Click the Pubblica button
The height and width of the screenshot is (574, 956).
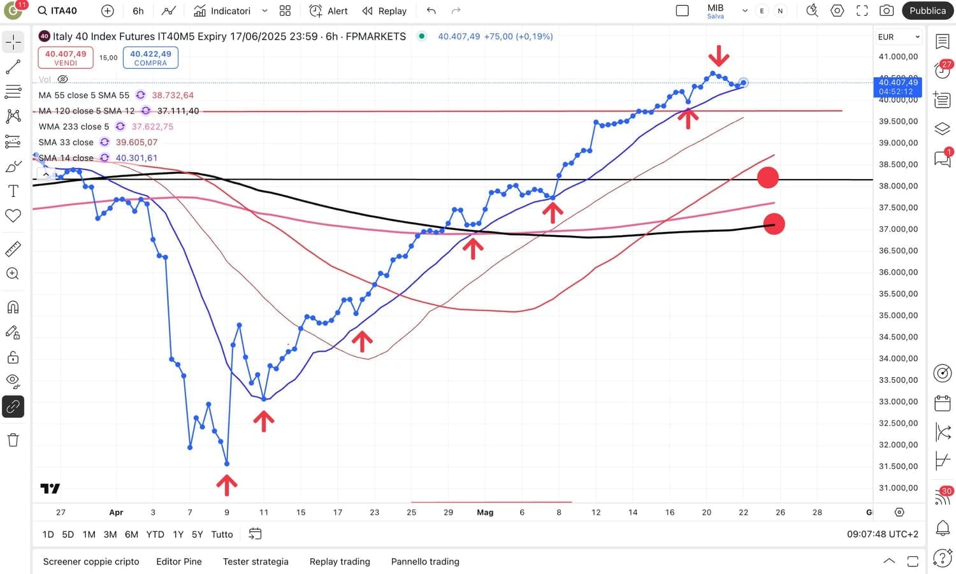coord(927,11)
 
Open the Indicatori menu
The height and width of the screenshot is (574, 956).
coord(222,11)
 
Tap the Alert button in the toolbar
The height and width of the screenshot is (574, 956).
coord(329,11)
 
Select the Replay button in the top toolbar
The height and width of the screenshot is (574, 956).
coord(384,11)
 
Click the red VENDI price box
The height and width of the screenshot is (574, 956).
coord(66,57)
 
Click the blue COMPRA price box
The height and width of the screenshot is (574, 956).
coord(150,57)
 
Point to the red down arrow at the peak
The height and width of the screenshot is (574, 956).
coord(718,56)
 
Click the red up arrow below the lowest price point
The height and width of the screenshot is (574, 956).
coord(226,485)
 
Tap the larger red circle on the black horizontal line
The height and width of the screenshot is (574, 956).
coord(767,177)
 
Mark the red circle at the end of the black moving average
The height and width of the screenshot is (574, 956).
coord(774,224)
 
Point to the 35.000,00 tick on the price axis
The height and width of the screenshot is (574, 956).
coord(898,315)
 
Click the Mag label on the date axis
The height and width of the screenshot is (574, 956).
coord(485,512)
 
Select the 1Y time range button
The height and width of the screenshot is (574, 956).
coord(178,535)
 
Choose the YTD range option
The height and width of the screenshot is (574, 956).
coord(155,535)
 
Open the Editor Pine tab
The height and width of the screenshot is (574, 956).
coord(178,561)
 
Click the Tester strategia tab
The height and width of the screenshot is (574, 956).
coord(256,561)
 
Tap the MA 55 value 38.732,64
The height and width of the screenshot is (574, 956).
coord(173,95)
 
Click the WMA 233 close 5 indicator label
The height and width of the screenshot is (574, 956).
coord(74,126)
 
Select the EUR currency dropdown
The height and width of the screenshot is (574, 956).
coord(899,37)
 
